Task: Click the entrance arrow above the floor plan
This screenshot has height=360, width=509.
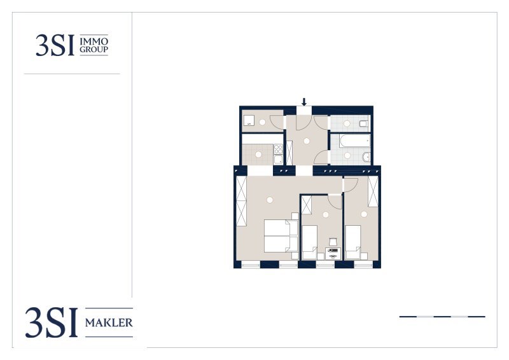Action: pos(304,102)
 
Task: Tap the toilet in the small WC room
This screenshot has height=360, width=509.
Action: pos(364,123)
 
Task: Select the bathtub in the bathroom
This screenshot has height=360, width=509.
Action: pos(354,141)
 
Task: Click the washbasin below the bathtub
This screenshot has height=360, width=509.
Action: pos(366,157)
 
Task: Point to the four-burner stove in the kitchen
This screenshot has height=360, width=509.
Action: pos(278,149)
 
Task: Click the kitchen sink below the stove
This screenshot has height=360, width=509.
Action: pos(278,160)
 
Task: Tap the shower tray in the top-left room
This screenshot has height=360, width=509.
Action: pos(249,121)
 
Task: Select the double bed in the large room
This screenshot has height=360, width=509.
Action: pos(281,236)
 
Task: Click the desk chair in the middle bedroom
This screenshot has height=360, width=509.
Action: pos(333,242)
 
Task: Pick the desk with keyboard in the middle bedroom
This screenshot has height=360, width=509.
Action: pos(333,254)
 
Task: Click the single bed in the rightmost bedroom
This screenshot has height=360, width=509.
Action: pos(353,242)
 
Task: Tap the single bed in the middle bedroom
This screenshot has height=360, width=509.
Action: pos(309,242)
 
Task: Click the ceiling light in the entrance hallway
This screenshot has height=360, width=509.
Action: pos(307,141)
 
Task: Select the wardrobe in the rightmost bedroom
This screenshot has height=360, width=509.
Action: pos(373,191)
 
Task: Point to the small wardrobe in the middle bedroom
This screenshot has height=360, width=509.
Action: pos(306,205)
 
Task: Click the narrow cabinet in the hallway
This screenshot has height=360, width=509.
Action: pos(289,153)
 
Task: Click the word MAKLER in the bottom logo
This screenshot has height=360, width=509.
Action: pos(109,322)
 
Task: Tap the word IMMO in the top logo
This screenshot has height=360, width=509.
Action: pos(94,41)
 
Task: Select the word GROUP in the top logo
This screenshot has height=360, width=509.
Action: pos(94,50)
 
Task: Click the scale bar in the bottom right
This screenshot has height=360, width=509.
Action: pos(442,317)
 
